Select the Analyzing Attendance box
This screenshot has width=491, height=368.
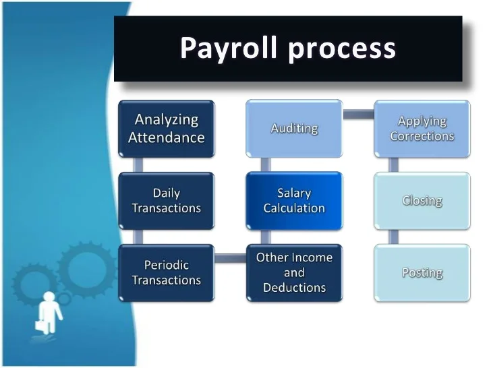coord(167,128)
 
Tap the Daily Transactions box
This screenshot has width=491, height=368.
coord(167,201)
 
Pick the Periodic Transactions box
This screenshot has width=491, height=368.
coord(167,272)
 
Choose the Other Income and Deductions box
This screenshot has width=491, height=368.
coord(294,272)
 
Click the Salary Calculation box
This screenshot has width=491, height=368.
coord(294,201)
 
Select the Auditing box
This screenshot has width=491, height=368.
coord(294,128)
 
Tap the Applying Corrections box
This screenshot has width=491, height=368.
coord(422,128)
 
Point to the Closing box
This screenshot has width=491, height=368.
coord(422,201)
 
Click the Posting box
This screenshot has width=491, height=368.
coord(422,272)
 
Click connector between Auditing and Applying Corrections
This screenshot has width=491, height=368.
coord(358,114)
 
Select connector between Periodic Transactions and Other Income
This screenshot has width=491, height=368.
coord(230,257)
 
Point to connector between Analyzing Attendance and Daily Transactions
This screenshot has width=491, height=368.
coord(138,164)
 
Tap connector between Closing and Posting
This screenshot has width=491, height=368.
coord(394,237)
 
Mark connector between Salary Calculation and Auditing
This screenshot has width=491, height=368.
coord(266,164)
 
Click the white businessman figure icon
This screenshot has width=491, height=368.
coord(50,309)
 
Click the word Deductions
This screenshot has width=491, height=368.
coord(294,288)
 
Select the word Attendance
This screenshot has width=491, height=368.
coord(167,137)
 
